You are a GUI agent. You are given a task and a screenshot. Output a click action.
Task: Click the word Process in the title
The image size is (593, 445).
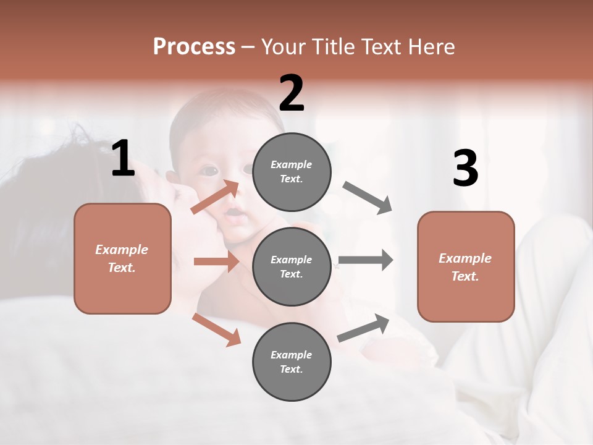194,46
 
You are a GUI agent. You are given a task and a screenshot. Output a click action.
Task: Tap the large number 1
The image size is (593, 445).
123,159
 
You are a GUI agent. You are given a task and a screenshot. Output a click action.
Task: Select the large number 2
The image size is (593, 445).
292,93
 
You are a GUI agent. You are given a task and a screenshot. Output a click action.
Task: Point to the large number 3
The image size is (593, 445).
465,168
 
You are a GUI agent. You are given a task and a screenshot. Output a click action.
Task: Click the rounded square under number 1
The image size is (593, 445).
122,258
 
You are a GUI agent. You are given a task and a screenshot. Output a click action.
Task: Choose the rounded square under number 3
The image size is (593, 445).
466,266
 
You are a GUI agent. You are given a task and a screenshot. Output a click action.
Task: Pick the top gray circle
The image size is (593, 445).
292,172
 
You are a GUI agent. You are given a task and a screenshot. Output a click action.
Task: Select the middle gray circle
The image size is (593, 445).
292,266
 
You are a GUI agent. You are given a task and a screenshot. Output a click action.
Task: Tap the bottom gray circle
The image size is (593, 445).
292,362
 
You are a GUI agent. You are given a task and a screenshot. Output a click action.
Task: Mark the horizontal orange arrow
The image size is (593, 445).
216,261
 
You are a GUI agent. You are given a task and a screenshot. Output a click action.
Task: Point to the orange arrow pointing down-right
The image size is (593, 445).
216,329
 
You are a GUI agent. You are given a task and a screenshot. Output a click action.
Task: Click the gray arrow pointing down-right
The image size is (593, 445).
367,198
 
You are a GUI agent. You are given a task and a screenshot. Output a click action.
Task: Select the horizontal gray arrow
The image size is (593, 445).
365,260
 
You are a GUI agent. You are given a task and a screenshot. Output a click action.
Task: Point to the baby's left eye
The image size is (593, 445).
210,170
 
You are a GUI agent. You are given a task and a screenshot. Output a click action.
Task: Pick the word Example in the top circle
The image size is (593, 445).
292,164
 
